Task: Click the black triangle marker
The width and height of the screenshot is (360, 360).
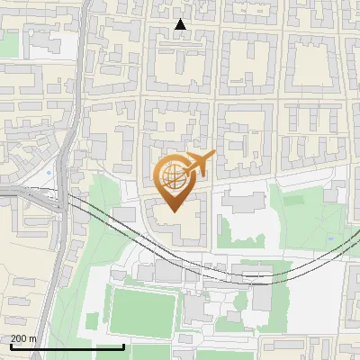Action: pos(181,24)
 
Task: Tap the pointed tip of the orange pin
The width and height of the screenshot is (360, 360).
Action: pos(171,211)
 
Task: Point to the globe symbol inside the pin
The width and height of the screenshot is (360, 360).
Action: pos(171,176)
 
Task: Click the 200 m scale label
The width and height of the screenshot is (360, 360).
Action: pos(23,338)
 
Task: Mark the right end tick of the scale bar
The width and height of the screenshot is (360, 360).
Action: pos(123,346)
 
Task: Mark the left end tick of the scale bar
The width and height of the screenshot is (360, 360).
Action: pos(10,346)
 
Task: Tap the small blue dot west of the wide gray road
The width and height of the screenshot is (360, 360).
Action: pos(48,171)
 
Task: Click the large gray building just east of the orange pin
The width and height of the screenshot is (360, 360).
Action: pos(241,200)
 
